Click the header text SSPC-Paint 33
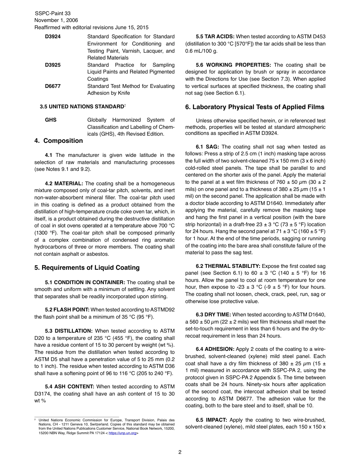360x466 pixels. coord(52,13)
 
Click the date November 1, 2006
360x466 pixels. coord(56,20)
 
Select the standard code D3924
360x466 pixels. coord(53,37)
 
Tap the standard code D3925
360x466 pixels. coord(53,65)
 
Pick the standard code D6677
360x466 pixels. coord(53,86)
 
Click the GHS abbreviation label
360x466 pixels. coord(51,120)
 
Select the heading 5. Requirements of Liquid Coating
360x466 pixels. coord(87,267)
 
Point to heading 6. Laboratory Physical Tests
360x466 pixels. coord(255,107)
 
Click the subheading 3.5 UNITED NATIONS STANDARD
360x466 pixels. coord(82,107)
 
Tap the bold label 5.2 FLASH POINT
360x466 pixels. coord(67,310)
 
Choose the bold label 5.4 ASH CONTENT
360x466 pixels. coord(69,386)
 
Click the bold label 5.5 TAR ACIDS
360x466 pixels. coord(215,37)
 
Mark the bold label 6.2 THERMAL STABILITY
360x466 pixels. coord(228,266)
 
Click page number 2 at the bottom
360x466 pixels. coord(180,452)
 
